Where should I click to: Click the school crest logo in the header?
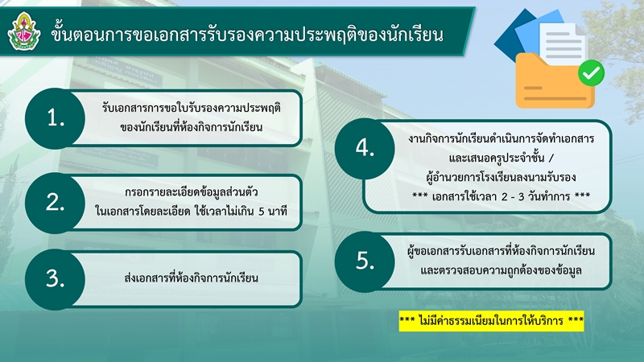24,31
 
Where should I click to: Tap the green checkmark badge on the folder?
591,73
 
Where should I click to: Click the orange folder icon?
555,81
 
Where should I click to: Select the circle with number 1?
55,118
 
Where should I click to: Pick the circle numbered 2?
55,203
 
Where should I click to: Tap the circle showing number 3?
55,279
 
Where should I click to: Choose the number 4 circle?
365,149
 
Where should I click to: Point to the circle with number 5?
365,261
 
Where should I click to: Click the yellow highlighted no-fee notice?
491,320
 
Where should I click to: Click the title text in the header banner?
247,35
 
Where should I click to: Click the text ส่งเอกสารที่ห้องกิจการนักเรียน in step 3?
191,278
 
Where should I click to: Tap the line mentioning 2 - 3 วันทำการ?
501,196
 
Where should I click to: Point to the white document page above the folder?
563,43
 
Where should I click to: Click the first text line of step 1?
192,108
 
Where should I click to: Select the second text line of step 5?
501,270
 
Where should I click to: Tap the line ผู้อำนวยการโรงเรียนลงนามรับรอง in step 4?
501,177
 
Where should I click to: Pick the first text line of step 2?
192,192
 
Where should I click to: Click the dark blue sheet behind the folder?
510,39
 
